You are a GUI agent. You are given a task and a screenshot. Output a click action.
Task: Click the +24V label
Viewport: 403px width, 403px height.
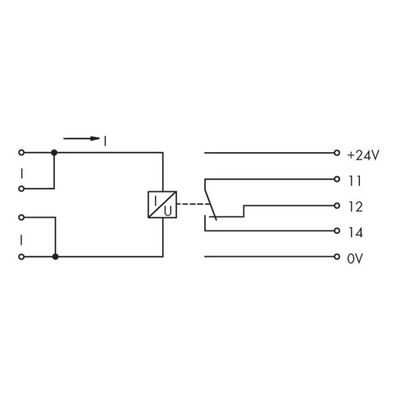(363, 156)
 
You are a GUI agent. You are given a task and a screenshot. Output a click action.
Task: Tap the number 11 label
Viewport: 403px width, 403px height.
(355, 181)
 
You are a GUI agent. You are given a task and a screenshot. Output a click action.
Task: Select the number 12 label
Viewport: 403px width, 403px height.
(355, 207)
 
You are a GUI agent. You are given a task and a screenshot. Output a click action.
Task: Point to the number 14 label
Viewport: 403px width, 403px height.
(355, 233)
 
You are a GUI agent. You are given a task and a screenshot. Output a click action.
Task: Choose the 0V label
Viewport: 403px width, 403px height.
(355, 258)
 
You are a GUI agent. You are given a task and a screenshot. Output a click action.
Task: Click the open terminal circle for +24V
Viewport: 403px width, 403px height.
(337, 153)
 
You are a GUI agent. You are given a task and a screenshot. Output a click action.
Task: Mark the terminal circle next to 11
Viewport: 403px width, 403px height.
(337, 179)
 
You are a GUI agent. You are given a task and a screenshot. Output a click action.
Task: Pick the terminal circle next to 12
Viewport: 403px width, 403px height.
(337, 206)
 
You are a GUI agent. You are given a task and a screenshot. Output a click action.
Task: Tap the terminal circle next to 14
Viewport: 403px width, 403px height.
(337, 231)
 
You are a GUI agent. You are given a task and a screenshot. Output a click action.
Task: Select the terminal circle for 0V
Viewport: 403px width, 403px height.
(337, 257)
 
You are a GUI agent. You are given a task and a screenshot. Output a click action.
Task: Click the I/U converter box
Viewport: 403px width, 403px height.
(162, 205)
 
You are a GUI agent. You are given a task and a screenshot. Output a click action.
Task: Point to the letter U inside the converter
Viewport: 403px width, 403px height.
(168, 210)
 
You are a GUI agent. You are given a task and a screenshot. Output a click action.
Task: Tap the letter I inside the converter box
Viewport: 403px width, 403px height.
(156, 199)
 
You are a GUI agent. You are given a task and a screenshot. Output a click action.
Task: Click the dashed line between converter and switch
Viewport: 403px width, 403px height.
(193, 205)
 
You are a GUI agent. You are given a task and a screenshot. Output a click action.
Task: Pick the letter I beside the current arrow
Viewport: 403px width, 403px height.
(105, 141)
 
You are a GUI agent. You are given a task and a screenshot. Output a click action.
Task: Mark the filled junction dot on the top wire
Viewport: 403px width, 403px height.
(54, 153)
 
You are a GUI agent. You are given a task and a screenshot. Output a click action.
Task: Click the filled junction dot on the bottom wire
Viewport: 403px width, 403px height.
(55, 257)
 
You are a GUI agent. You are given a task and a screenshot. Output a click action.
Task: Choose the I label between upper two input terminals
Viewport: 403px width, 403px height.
(22, 173)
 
